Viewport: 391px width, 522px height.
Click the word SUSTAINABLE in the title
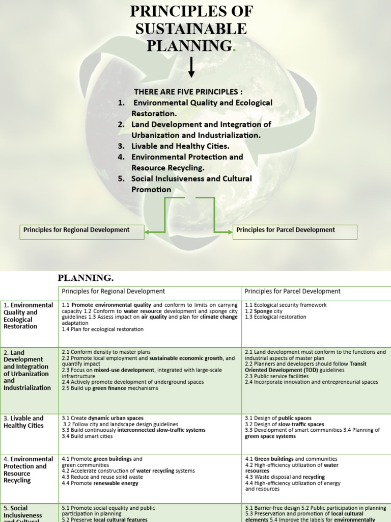pos(191,29)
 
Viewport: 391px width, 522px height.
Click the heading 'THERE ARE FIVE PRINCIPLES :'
pos(188,92)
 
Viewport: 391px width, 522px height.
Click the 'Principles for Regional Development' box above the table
pos(81,230)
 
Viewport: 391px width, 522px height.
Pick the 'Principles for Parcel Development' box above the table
pos(295,230)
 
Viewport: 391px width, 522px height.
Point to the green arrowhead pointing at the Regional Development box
pos(148,232)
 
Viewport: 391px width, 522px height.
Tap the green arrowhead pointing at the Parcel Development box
pos(229,232)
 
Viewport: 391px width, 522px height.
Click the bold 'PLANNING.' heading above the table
pos(86,278)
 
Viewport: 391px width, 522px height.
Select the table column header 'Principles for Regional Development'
pos(114,292)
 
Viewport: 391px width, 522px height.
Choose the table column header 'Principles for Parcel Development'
pos(292,292)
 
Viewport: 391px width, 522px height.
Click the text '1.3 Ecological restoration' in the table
pos(275,317)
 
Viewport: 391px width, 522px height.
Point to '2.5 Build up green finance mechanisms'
pos(110,388)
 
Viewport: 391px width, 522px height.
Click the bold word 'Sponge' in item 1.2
pos(264,311)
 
